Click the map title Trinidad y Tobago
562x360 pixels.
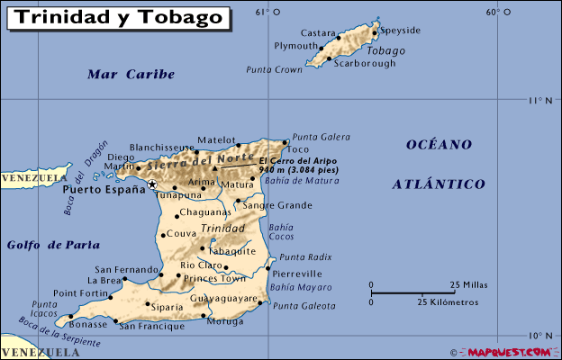[118, 16]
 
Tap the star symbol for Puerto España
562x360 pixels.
[152, 184]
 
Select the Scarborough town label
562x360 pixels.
[364, 63]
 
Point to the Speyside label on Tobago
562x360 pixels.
[401, 30]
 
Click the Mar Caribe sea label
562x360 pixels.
[131, 75]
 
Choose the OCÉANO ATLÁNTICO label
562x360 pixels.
[439, 164]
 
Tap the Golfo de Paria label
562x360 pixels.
[53, 244]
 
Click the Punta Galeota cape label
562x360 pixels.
[304, 306]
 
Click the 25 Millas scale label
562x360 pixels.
[467, 284]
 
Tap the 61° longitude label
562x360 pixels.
[262, 12]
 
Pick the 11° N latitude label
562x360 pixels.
[540, 100]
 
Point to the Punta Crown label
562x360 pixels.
[274, 69]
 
